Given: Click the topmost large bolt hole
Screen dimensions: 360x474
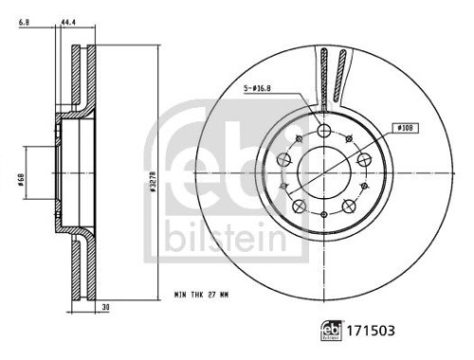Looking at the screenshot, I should (x=324, y=131).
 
